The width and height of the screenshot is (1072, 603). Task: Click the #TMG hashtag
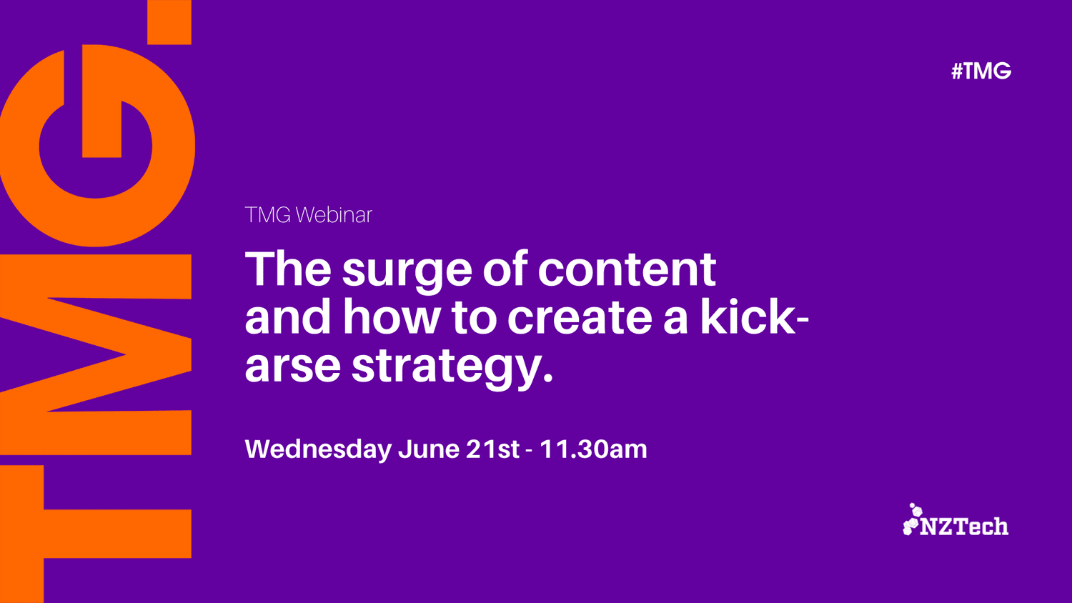click(981, 71)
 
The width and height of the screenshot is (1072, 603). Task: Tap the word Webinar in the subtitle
click(334, 215)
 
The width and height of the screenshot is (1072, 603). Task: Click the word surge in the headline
click(407, 270)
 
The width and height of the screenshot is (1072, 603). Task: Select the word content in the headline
click(627, 269)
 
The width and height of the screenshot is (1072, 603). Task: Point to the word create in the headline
click(580, 317)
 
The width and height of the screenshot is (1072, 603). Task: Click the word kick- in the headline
click(755, 316)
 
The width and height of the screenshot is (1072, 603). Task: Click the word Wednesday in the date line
click(318, 449)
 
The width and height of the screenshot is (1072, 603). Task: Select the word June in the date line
click(429, 449)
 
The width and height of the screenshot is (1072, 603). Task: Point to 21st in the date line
click(492, 449)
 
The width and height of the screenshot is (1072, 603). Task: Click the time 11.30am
click(593, 449)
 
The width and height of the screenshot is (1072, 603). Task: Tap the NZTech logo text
click(964, 527)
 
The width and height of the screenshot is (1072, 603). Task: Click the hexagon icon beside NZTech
click(912, 519)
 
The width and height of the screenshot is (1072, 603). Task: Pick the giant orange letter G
click(96, 146)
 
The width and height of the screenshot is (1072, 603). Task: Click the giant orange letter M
click(96, 354)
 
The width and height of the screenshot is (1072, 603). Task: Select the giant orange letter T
click(96, 534)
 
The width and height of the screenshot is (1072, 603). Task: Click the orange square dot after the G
click(169, 22)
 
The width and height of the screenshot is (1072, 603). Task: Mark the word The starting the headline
click(288, 269)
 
